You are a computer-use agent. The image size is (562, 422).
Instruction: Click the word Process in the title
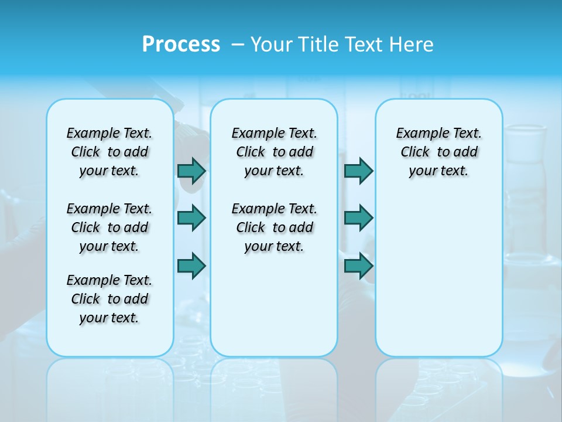[181, 45]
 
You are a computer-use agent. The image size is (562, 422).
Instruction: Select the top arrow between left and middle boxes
[191, 171]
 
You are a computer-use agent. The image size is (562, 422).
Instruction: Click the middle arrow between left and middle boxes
[191, 218]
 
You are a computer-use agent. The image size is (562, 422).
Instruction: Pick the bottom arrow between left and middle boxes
[191, 266]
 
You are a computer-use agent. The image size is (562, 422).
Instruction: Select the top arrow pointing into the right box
[358, 171]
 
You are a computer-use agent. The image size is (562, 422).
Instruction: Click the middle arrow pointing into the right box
[358, 218]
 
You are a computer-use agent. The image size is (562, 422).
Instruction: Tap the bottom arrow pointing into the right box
[358, 266]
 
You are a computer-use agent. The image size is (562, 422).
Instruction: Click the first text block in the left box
[109, 152]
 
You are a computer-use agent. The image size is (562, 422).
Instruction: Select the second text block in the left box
[109, 227]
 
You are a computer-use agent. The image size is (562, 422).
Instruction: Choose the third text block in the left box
[109, 299]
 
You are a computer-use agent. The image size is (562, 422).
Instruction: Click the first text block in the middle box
[274, 152]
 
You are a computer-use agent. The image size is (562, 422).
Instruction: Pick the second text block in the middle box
[274, 227]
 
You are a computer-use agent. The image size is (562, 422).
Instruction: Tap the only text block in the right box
[438, 152]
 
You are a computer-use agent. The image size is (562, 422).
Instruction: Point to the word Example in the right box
[419, 134]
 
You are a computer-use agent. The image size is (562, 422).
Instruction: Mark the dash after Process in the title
[238, 45]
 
